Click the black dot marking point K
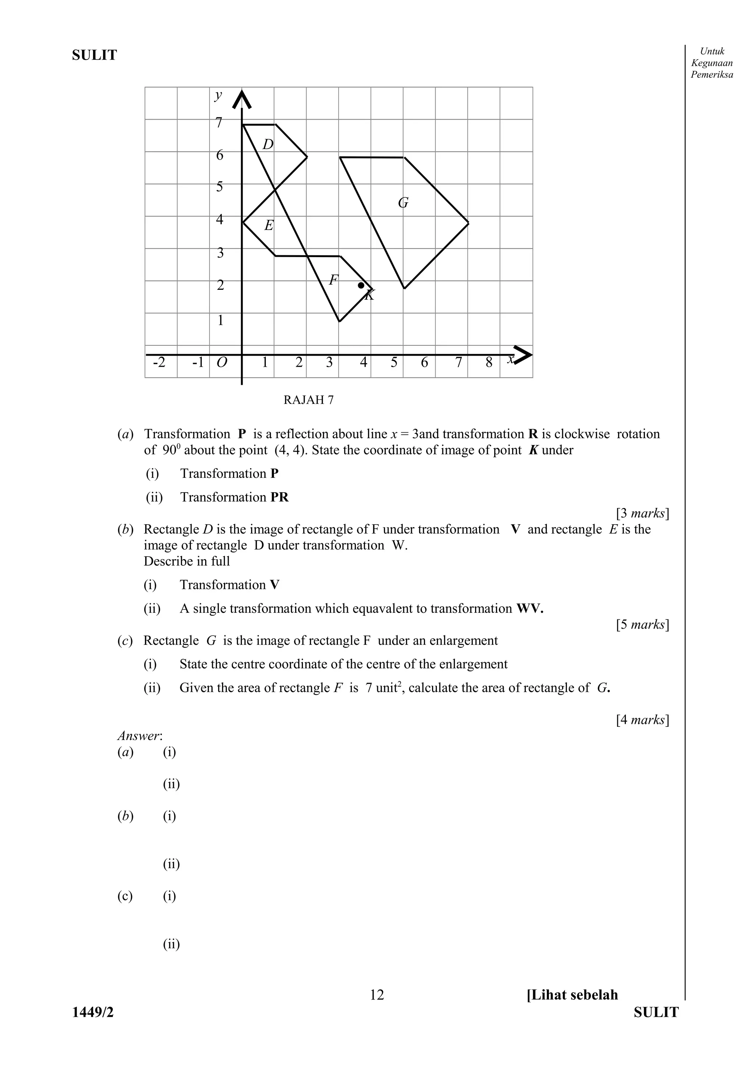(361, 285)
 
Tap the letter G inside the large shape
(403, 203)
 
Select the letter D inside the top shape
(268, 145)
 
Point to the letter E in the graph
(269, 225)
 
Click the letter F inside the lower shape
(333, 280)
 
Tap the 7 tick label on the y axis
(219, 123)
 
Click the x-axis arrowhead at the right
(523, 355)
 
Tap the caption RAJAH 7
(308, 400)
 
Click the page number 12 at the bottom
(377, 995)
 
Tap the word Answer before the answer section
(140, 736)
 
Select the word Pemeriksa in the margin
(712, 75)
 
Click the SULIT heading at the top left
(94, 55)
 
